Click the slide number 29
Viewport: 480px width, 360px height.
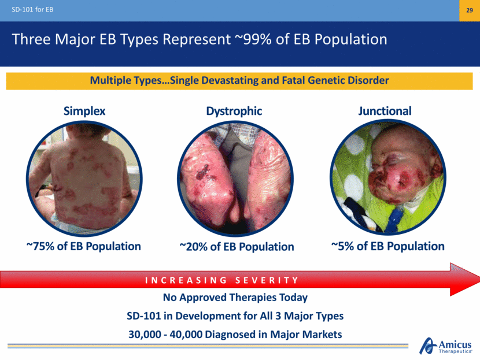click(469, 10)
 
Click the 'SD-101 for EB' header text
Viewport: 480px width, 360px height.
click(32, 9)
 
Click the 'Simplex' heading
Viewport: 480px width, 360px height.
click(84, 111)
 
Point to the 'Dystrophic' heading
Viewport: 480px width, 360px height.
click(234, 111)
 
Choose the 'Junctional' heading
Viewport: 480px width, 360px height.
click(385, 111)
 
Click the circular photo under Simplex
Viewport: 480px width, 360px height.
click(84, 179)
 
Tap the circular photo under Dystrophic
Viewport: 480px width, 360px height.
click(235, 179)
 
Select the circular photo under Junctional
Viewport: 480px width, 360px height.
click(388, 177)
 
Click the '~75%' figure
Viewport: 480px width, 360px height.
click(40, 246)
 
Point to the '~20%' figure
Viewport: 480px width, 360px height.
click(194, 247)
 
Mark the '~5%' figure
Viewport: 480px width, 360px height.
click(342, 246)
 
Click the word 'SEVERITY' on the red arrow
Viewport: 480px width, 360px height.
click(267, 280)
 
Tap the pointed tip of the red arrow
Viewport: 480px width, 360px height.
click(479, 279)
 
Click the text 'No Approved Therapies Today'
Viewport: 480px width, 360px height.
click(235, 297)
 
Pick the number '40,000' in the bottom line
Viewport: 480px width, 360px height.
click(186, 335)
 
